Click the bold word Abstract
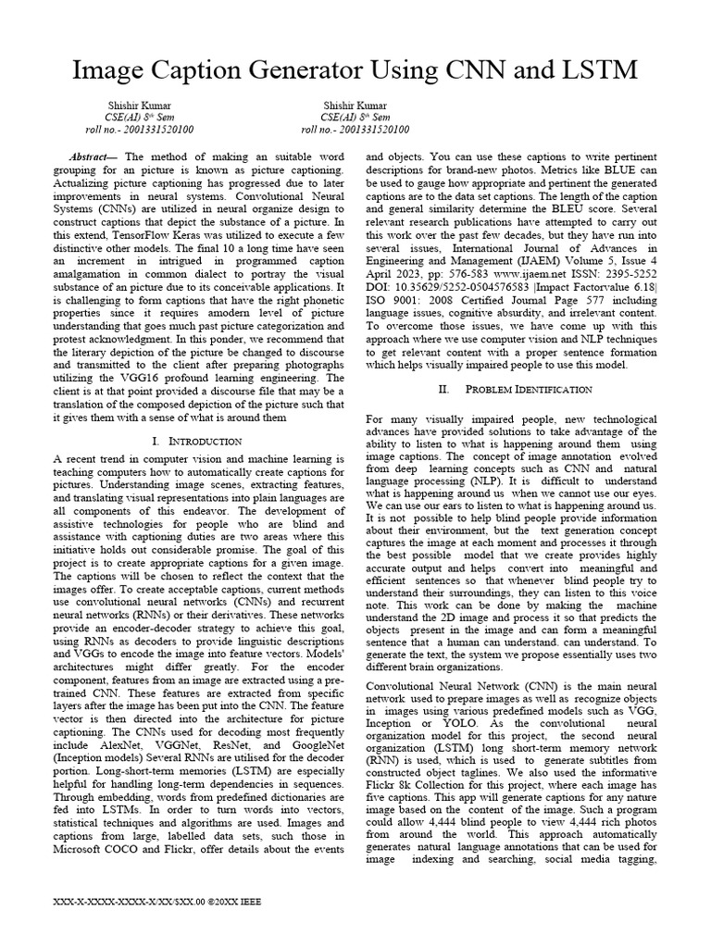tap(93, 158)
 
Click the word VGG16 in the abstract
tap(209, 379)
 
